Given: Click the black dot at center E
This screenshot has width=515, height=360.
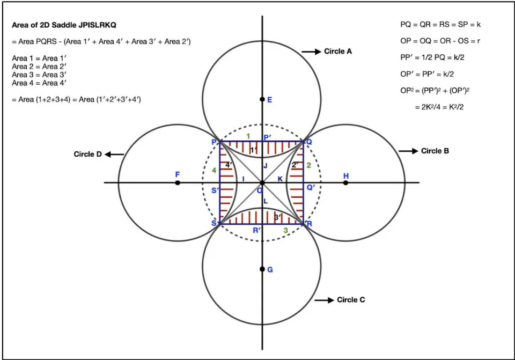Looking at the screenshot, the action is (x=262, y=99).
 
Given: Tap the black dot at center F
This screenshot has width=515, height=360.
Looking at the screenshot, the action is (x=178, y=182).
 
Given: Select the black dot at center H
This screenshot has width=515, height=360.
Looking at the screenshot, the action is (x=346, y=182).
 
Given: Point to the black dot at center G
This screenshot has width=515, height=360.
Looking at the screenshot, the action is (x=262, y=269).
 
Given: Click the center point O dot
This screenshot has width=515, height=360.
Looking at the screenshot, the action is (x=262, y=182).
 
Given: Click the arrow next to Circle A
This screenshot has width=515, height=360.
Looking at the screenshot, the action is (x=311, y=52).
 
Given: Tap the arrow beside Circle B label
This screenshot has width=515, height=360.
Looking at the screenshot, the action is (x=408, y=151).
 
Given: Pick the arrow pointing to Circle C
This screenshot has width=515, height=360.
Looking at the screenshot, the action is (x=324, y=300).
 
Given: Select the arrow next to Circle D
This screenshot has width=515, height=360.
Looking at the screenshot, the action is (x=114, y=155).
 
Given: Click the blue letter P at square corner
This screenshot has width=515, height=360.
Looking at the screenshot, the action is (x=214, y=142).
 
